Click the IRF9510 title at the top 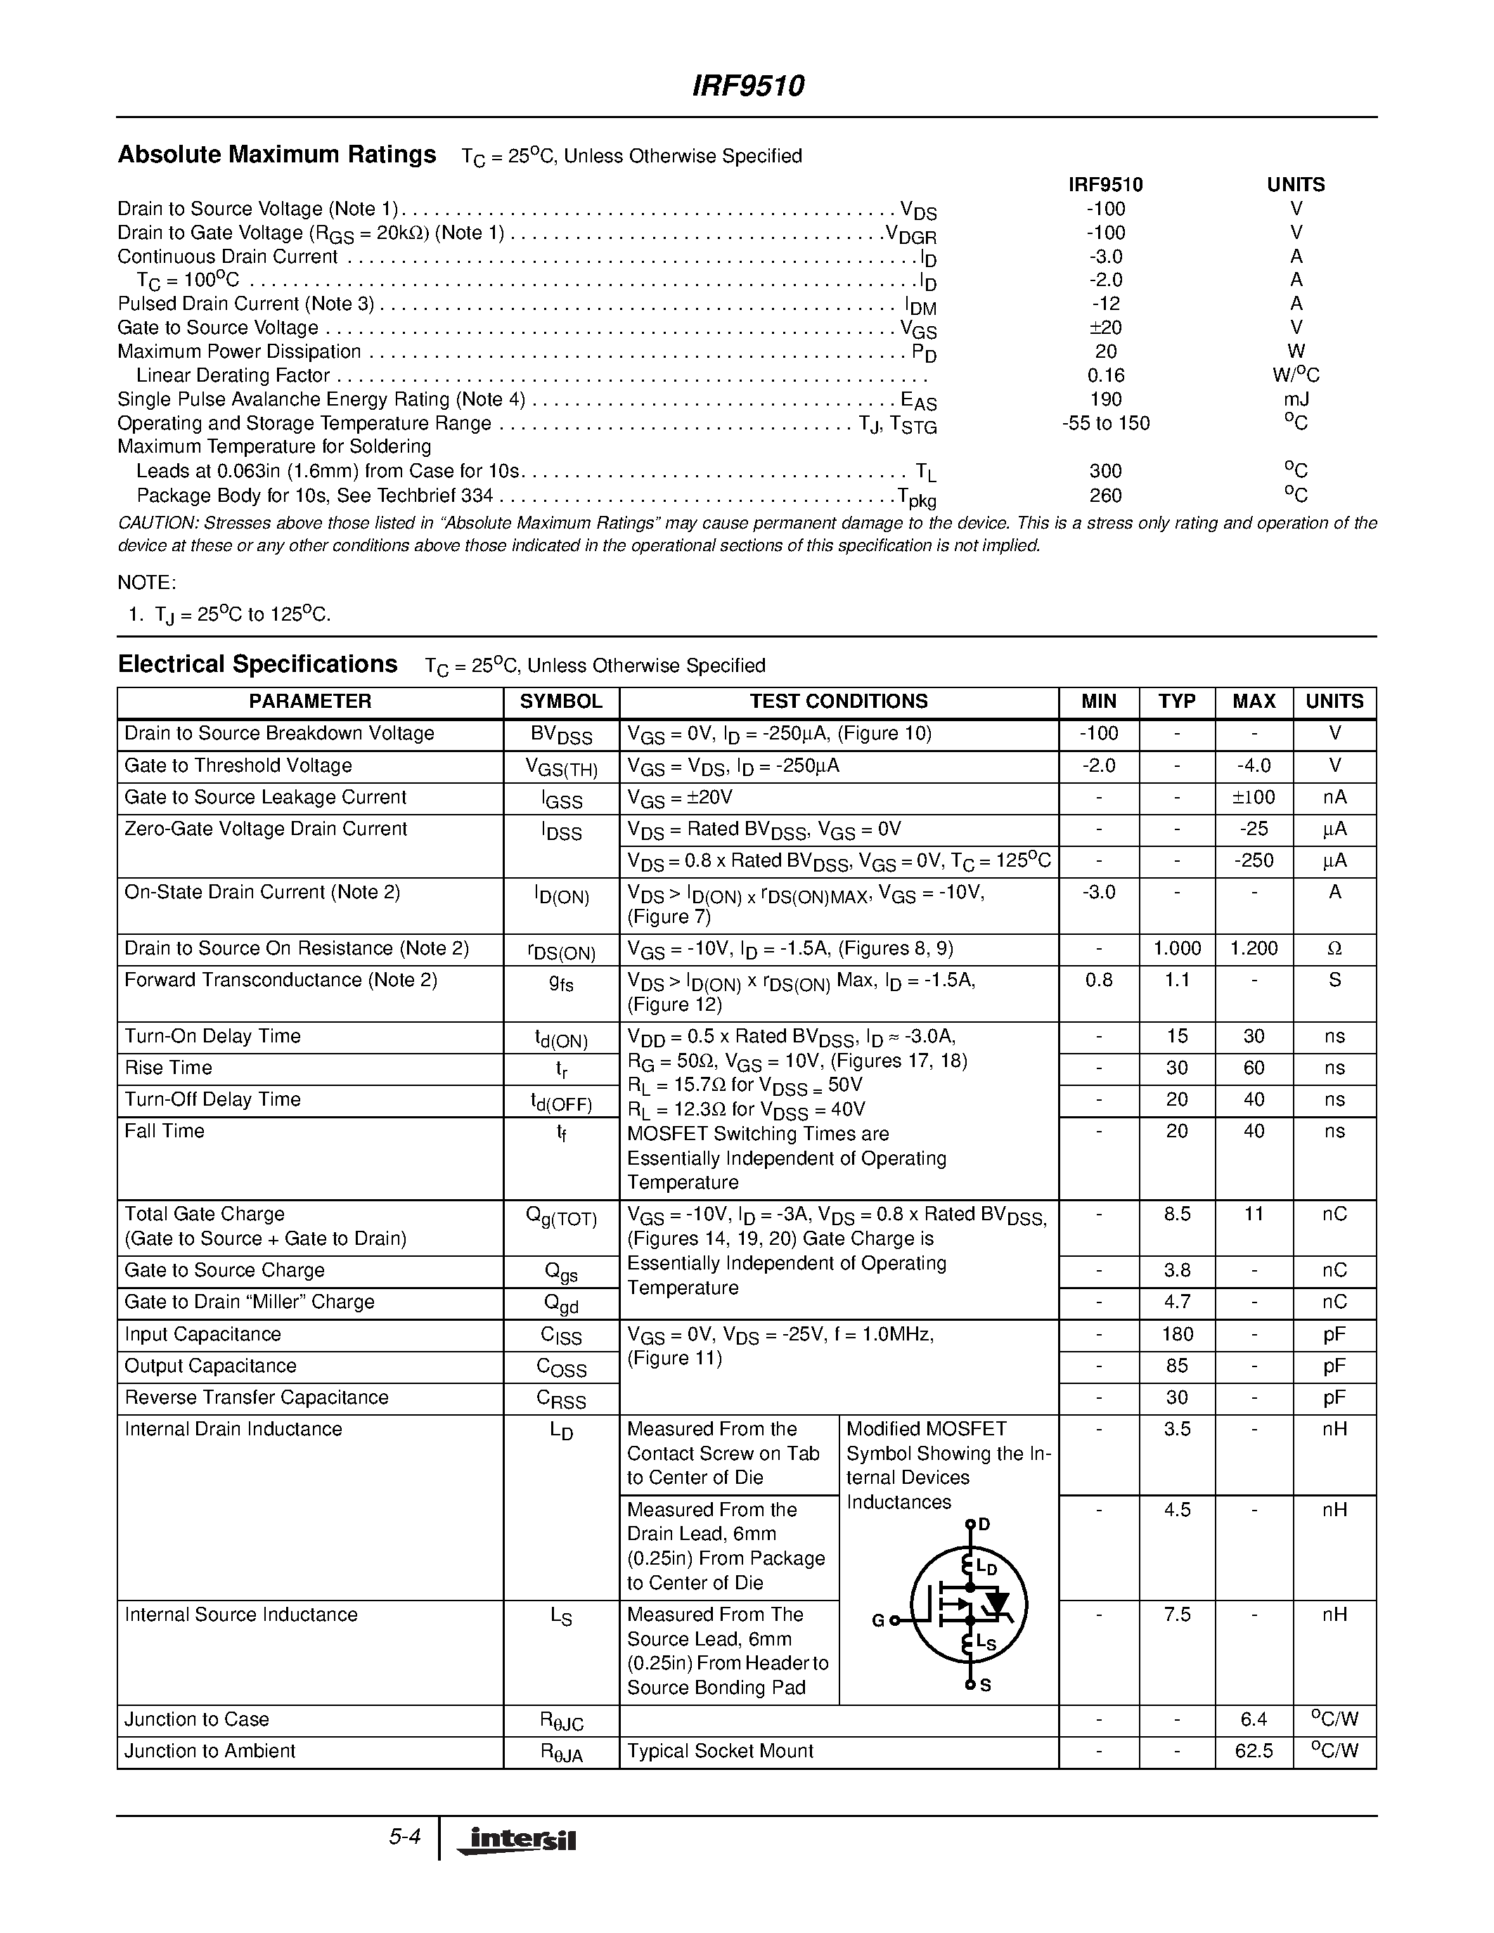point(748,86)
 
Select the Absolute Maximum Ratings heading point(277,155)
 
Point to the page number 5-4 point(404,1837)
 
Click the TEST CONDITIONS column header point(838,702)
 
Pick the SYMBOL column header point(560,702)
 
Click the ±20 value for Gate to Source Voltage point(1105,328)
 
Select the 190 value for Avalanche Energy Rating point(1105,399)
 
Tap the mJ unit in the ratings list point(1296,399)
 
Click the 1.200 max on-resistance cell point(1254,949)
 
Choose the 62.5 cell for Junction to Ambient point(1254,1751)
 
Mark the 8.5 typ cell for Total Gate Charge point(1176,1215)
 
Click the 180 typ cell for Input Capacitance point(1176,1335)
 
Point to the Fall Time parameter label point(165,1131)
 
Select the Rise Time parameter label point(168,1068)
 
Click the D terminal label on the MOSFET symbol point(984,1524)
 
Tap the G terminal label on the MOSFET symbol point(878,1621)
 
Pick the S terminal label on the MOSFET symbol point(985,1685)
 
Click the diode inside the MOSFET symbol point(998,1603)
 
